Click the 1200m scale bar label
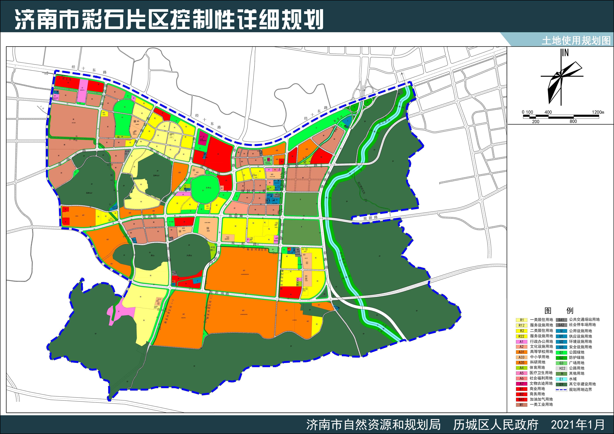click(598, 112)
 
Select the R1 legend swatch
click(521, 320)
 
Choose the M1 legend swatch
click(521, 405)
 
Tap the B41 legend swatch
click(521, 399)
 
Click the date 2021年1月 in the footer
click(578, 425)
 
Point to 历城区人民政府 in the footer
click(496, 425)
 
